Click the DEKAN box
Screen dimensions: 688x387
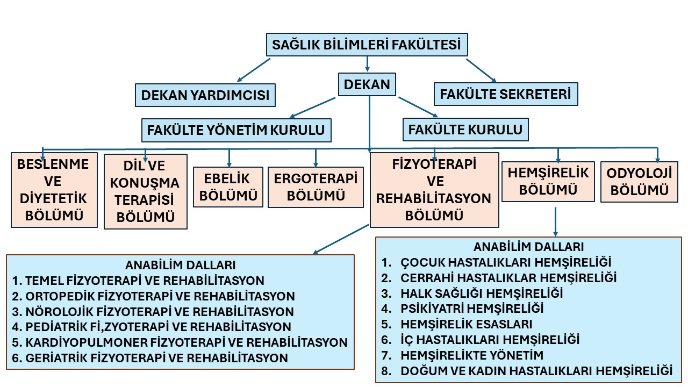point(367,84)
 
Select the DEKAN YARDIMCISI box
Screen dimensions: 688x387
point(205,95)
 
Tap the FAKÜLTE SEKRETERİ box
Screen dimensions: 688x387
point(506,94)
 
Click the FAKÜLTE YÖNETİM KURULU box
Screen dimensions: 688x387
point(236,130)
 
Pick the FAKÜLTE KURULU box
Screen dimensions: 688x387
point(465,130)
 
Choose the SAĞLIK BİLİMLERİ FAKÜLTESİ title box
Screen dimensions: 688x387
point(367,45)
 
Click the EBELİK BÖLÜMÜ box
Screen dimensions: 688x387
point(228,187)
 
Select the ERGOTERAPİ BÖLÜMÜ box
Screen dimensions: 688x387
point(316,187)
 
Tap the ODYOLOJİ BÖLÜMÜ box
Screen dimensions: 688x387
point(639,182)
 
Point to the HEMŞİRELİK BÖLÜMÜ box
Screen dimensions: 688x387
point(548,182)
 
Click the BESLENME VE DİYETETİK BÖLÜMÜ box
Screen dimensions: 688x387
point(54,190)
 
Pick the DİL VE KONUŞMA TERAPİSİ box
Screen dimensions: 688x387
point(145,191)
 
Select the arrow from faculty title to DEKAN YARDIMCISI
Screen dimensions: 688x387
point(254,70)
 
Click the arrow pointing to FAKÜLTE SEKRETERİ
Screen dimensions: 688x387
point(481,70)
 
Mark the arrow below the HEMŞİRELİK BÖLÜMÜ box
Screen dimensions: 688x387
point(555,221)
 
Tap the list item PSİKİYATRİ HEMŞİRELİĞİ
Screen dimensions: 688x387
point(462,309)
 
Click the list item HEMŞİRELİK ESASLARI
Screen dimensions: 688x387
point(456,324)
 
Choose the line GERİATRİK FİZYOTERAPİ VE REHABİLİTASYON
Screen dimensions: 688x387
point(150,358)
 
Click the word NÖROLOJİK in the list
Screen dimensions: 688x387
point(59,312)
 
